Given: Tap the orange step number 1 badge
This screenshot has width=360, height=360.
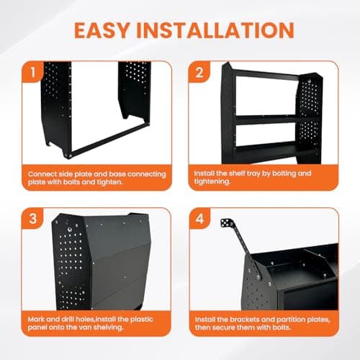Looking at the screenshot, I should point(32,73).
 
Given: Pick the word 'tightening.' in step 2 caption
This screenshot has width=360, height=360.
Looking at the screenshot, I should point(213,182).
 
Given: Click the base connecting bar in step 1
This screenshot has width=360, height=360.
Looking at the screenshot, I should point(108,141).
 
